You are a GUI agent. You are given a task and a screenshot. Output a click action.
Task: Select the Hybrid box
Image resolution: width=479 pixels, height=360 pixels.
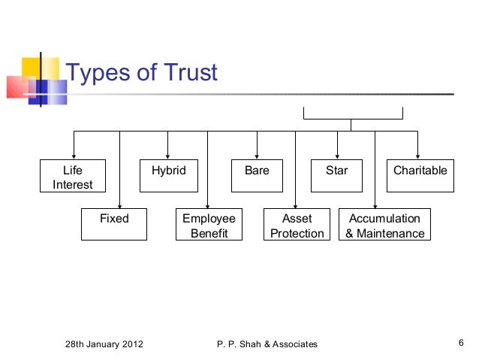point(168,171)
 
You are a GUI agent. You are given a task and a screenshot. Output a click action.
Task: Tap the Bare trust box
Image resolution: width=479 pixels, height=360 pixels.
point(257,171)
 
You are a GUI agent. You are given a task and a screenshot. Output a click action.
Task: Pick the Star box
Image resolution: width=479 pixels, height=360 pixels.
point(337,171)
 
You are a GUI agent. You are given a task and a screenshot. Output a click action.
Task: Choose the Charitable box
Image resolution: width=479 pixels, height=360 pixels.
point(420,171)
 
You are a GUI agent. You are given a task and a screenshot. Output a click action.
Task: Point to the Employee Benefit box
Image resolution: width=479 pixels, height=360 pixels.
point(208,225)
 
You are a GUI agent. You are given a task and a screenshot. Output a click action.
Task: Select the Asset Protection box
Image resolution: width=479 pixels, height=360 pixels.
point(297,225)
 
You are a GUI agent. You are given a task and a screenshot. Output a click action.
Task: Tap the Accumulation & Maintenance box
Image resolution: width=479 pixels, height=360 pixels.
point(384,225)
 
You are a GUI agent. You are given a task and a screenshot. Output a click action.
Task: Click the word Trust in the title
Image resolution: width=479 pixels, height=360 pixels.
point(183,73)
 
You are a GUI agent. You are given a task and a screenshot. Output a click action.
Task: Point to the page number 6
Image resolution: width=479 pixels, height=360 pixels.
point(459,343)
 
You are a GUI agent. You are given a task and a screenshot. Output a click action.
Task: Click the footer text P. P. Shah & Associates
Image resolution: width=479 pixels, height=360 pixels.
point(266,344)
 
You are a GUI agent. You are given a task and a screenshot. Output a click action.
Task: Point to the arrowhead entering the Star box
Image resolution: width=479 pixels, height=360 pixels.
point(337,156)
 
